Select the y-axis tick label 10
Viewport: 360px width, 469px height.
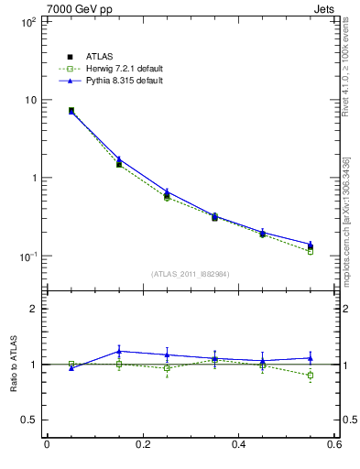pyautogui.click(x=29, y=100)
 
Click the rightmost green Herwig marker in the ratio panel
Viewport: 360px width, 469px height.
pyautogui.click(x=311, y=376)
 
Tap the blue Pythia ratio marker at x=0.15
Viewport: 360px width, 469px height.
pyautogui.click(x=119, y=351)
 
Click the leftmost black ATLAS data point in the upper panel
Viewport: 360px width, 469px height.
pyautogui.click(x=71, y=110)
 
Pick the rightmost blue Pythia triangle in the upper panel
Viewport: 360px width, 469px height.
pyautogui.click(x=311, y=245)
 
